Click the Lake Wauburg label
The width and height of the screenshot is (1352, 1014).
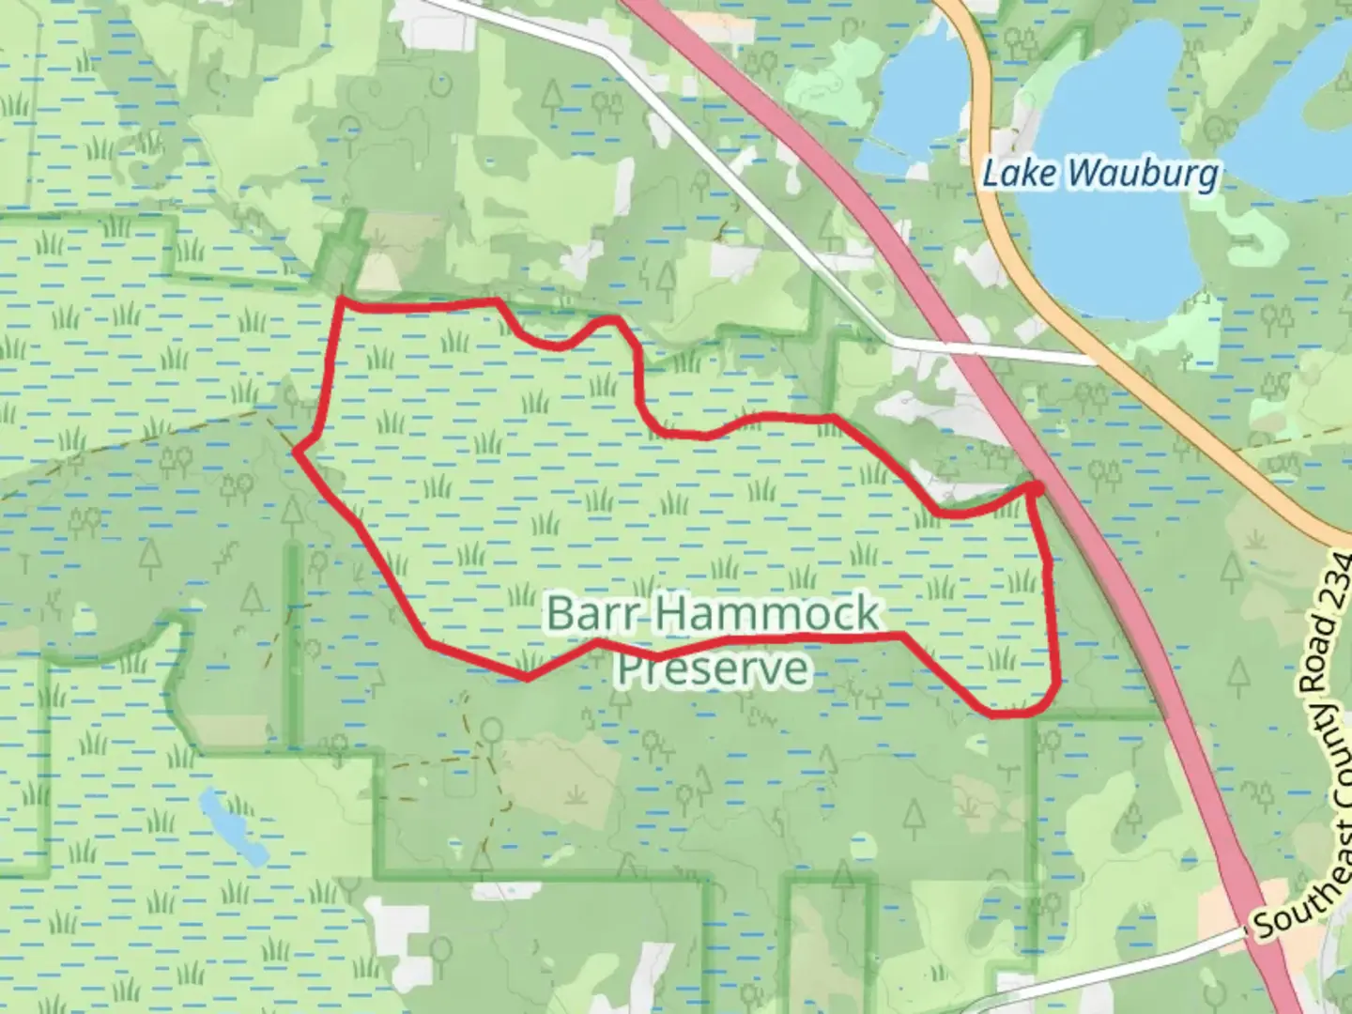[x=1100, y=174]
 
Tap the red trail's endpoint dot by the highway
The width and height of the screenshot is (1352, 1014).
[x=1037, y=487]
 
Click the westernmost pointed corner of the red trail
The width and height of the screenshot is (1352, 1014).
[x=297, y=452]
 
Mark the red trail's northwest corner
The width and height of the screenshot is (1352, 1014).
[x=341, y=301]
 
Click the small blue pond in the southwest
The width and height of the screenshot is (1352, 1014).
[x=231, y=826]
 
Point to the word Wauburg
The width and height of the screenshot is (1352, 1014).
[x=1143, y=174]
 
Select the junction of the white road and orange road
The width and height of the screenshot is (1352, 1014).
[x=1095, y=359]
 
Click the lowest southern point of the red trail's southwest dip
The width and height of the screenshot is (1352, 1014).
[x=527, y=677]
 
